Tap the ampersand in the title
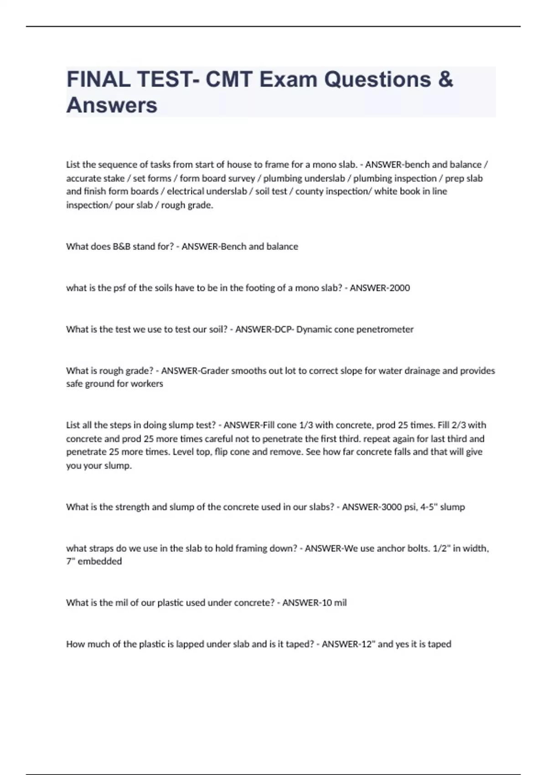click(x=445, y=79)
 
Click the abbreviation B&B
click(x=121, y=247)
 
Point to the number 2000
click(x=399, y=288)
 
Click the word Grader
click(x=214, y=371)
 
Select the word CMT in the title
click(x=229, y=79)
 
